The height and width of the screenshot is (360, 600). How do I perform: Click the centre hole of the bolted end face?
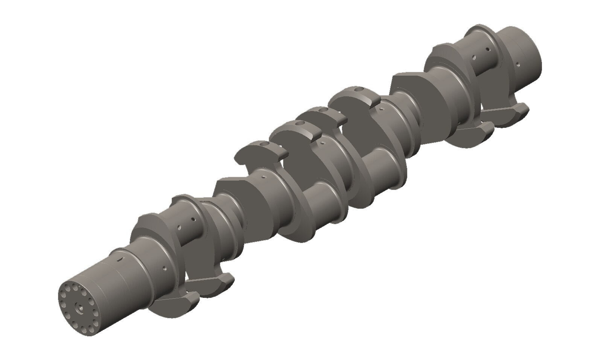click(x=79, y=306)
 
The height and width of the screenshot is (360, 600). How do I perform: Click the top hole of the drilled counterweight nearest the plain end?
click(x=359, y=89)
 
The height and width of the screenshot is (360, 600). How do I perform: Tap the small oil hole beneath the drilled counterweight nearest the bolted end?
click(x=264, y=176)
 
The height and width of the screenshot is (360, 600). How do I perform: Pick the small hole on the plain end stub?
click(x=518, y=64)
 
